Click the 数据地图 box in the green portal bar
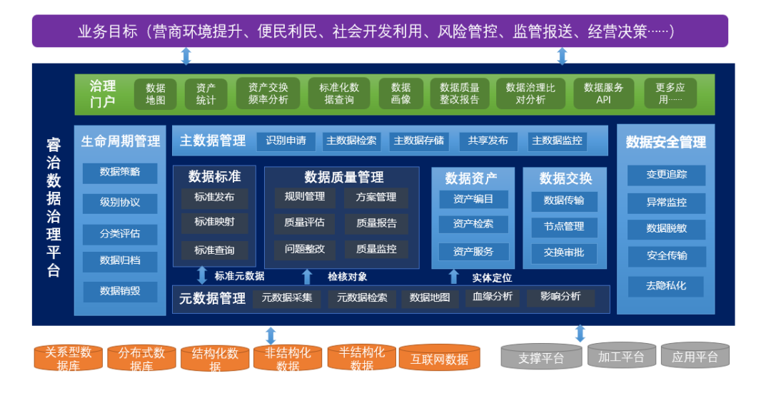[156, 93]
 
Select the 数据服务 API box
[603, 93]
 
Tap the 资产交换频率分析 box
[268, 93]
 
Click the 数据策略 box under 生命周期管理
[120, 172]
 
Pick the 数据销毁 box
[120, 291]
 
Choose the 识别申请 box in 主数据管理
[286, 141]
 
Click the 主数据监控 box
[557, 141]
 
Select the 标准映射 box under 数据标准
[214, 223]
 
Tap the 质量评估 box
[304, 223]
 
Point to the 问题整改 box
[304, 250]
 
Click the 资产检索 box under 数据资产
[473, 224]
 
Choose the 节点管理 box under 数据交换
[564, 227]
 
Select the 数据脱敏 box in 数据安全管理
[666, 229]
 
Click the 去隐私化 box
[666, 285]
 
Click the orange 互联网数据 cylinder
[439, 359]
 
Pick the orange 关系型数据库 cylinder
[69, 358]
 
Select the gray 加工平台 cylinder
[621, 357]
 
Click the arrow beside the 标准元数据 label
[202, 275]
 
